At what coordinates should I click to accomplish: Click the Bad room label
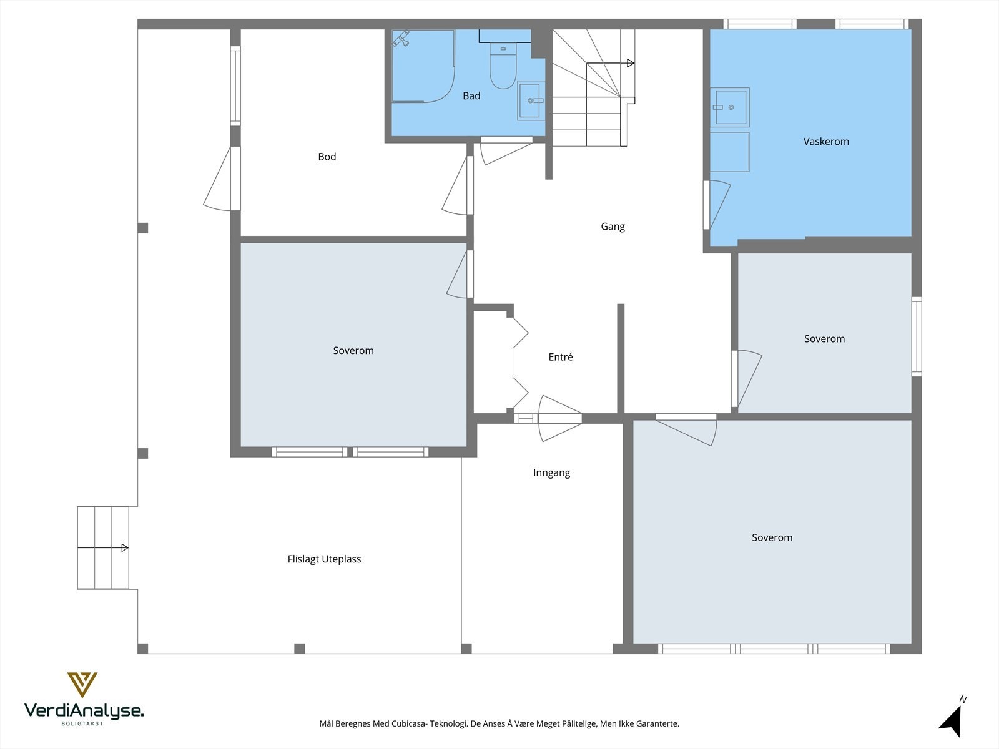coord(471,96)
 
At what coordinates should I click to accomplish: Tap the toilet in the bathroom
coord(503,66)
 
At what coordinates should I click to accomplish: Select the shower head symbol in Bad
coord(401,39)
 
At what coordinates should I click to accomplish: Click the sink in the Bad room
coord(531,100)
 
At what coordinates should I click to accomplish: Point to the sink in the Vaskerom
coord(729,107)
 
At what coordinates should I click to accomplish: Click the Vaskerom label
coord(826,142)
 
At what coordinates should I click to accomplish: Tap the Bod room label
coord(327,157)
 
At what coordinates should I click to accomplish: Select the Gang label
coord(613,227)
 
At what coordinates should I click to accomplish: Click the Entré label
coord(560,357)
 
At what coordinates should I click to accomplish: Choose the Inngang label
coord(551,473)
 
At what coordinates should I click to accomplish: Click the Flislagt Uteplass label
coord(324,559)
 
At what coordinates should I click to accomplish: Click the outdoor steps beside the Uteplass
coord(103,548)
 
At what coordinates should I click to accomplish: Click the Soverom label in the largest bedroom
coord(772,537)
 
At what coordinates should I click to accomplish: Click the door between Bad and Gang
coord(506,150)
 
